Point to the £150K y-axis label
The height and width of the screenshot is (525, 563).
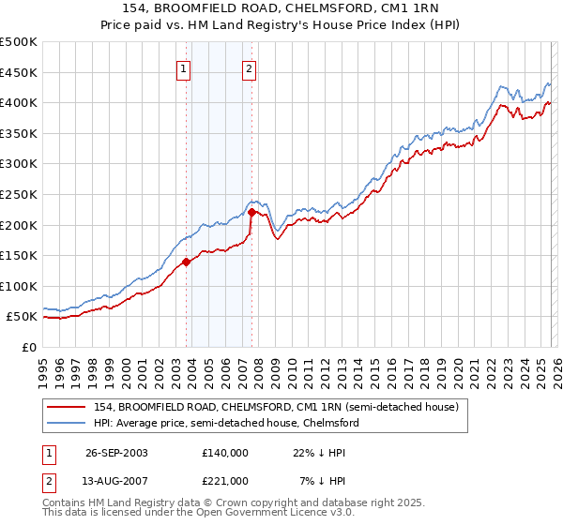click(19, 255)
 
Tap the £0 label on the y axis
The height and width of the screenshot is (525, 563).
click(28, 347)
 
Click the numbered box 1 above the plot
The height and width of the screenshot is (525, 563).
click(183, 67)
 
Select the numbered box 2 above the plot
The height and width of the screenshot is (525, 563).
click(249, 67)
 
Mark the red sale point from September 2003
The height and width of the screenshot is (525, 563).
click(187, 262)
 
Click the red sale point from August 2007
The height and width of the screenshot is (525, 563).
click(251, 213)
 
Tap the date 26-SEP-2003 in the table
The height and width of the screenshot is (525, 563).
click(116, 452)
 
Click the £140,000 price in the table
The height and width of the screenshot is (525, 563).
click(225, 452)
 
